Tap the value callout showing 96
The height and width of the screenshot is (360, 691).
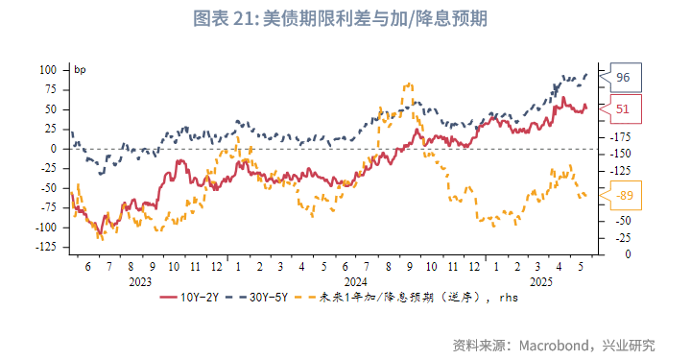622,77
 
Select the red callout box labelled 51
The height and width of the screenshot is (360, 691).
622,109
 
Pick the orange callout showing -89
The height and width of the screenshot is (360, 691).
624,196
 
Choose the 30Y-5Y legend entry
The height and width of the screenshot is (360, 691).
264,298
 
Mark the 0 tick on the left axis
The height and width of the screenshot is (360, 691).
58,149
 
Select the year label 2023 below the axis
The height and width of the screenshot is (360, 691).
140,282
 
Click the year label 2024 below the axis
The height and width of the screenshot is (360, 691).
356,282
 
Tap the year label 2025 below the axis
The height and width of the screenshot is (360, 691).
540,282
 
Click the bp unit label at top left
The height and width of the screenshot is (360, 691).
81,69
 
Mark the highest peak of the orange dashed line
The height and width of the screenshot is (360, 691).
409,84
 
